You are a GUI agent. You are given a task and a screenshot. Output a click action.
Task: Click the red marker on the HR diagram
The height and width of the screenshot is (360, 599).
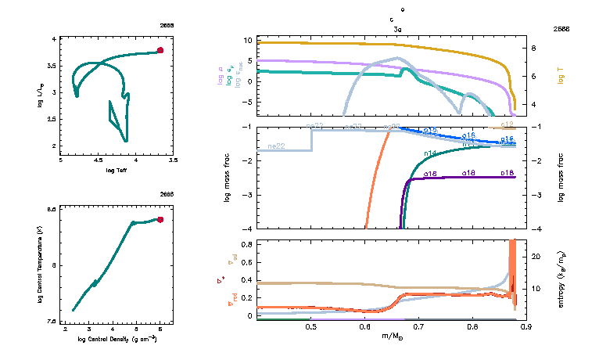(160, 50)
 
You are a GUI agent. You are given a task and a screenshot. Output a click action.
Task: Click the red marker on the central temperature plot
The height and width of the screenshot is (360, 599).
(160, 220)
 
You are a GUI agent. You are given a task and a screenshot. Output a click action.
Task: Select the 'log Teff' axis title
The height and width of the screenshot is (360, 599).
(117, 170)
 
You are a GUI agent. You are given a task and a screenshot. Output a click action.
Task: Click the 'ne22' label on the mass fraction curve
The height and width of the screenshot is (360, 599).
(274, 146)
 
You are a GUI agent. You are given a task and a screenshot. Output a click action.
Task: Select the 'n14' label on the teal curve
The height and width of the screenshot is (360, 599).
(430, 153)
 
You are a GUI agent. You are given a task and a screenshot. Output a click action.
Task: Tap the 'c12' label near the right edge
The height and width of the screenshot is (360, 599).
(507, 124)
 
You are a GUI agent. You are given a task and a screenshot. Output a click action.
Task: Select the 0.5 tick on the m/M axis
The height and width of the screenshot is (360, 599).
(311, 326)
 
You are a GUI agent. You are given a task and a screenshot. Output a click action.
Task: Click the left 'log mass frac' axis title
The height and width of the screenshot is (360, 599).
(228, 178)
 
